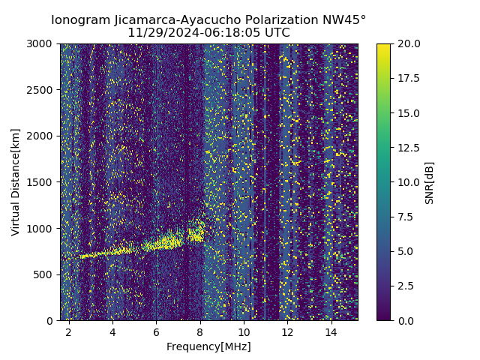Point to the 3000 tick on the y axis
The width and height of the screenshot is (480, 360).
43,43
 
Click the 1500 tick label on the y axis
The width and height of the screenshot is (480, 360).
43,182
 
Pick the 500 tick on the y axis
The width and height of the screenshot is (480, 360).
46,274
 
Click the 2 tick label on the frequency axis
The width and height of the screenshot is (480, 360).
69,332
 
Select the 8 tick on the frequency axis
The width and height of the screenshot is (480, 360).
200,332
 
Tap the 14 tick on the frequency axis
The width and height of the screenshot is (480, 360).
331,332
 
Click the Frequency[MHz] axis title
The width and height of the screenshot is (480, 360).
208,346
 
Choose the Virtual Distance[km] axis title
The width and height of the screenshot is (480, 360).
16,181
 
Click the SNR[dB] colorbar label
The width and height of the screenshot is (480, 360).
430,182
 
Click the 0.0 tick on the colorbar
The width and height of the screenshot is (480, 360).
405,320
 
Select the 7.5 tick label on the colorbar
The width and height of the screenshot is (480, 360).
405,217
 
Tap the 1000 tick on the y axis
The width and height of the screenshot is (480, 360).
43,228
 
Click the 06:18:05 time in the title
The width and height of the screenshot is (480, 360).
220,33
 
